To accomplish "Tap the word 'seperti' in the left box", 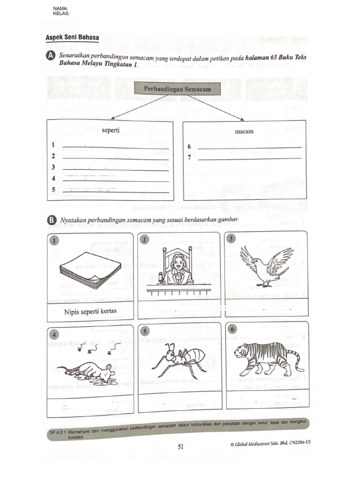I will point(111,130).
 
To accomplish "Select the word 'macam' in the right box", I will point(244,131).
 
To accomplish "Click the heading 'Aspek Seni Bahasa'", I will point(72,37).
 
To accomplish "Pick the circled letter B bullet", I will point(52,220).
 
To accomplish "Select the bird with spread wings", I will point(266,265).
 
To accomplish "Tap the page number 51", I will point(180,447).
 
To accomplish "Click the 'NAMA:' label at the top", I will point(60,9).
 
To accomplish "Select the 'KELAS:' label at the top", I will point(61,14).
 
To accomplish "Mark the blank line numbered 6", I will point(249,147).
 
